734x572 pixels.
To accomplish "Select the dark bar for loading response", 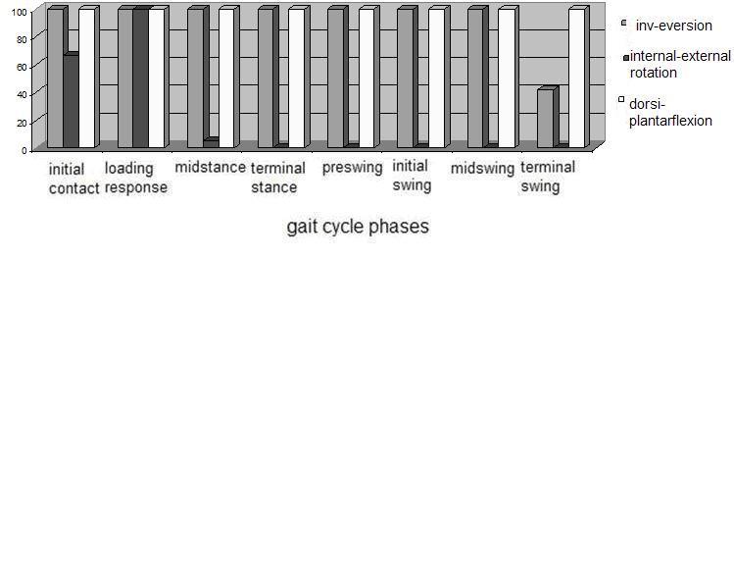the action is pyautogui.click(x=140, y=78).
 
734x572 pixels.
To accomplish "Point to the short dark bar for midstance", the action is pyautogui.click(x=212, y=142).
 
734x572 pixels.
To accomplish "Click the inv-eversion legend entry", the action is pyautogui.click(x=666, y=26).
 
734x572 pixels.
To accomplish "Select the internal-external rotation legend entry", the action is pyautogui.click(x=677, y=64).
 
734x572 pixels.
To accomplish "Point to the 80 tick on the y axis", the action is pyautogui.click(x=22, y=39).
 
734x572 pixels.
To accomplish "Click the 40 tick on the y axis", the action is pyautogui.click(x=22, y=95).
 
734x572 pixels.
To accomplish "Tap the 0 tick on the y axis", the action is pyautogui.click(x=24, y=151).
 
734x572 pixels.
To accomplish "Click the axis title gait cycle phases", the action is pyautogui.click(x=358, y=227).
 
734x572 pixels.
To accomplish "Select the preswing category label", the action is pyautogui.click(x=353, y=168).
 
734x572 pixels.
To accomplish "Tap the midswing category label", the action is pyautogui.click(x=482, y=168).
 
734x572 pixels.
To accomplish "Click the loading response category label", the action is pyautogui.click(x=136, y=178).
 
